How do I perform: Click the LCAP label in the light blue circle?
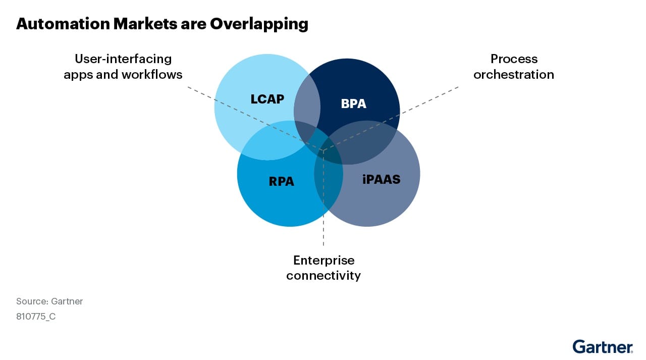tap(267, 99)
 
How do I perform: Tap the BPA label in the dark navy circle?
tap(353, 104)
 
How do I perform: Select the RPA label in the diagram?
tap(281, 181)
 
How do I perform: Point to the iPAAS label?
tap(381, 179)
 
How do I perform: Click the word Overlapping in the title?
tap(259, 24)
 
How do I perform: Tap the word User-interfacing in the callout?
tap(123, 59)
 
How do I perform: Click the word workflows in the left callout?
tap(152, 75)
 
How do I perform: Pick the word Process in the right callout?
tap(514, 59)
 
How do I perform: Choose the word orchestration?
tap(514, 75)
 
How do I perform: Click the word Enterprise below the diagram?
tap(324, 261)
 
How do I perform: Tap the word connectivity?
tap(324, 276)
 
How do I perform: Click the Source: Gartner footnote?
tap(49, 301)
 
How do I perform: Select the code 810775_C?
tap(36, 318)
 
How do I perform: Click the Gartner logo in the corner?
tap(602, 346)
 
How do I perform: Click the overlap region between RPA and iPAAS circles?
tap(329, 187)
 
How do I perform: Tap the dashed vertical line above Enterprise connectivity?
tap(324, 237)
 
